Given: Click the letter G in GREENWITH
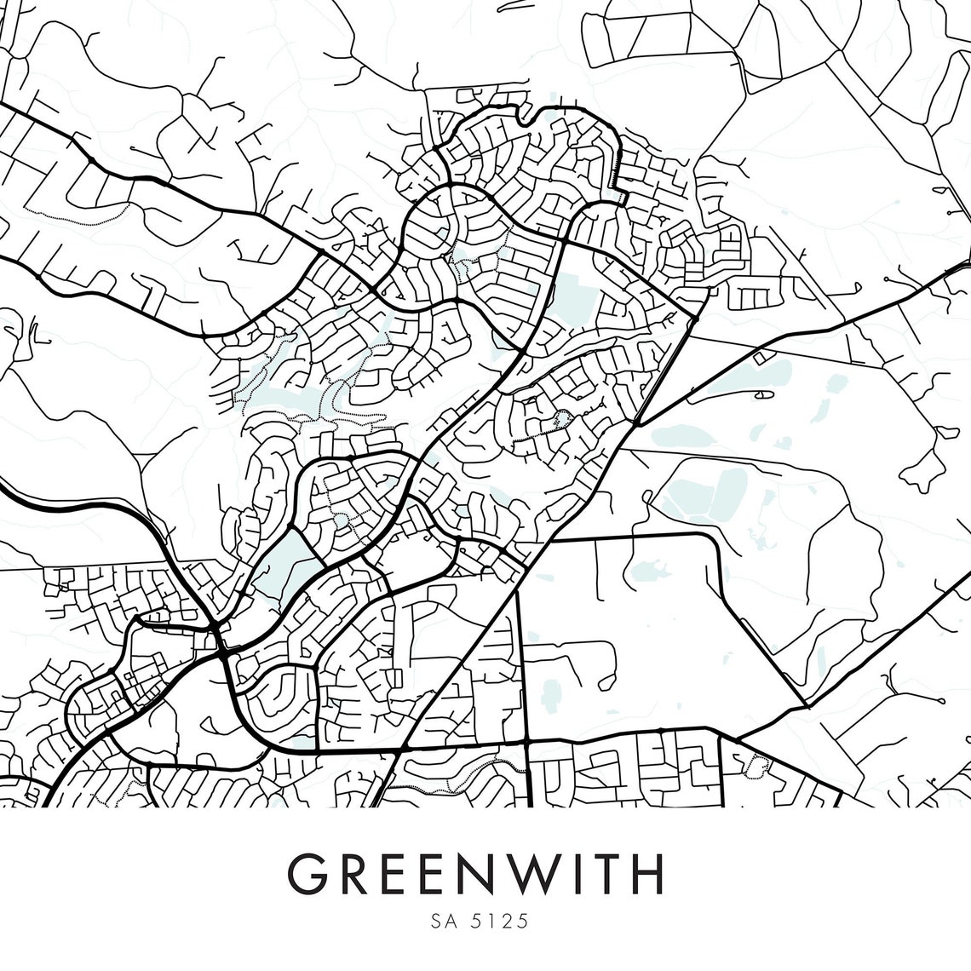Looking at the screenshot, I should [x=308, y=871].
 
